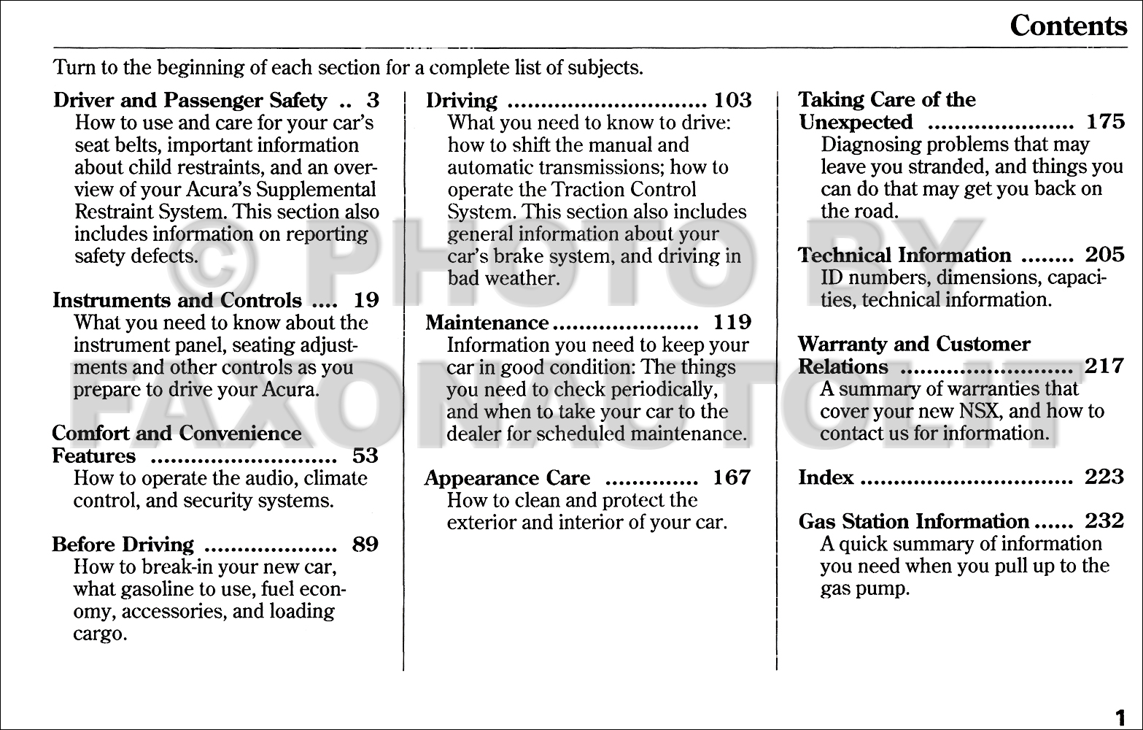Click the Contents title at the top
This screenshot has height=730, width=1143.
click(1068, 26)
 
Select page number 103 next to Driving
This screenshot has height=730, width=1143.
click(732, 100)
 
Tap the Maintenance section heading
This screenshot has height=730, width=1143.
click(487, 322)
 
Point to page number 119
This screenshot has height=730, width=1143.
click(732, 322)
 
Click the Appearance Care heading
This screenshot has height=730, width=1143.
click(507, 478)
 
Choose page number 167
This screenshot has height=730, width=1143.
click(732, 478)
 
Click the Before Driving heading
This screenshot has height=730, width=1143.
click(123, 545)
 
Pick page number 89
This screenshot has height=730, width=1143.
click(365, 545)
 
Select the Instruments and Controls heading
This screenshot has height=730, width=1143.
click(177, 300)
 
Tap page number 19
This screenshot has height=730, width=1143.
click(366, 300)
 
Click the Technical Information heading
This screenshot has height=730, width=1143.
click(904, 255)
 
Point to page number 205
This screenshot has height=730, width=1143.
click(1104, 255)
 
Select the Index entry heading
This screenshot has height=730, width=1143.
click(826, 478)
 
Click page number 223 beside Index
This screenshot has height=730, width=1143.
click(1104, 478)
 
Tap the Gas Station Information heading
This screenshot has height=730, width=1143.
click(913, 522)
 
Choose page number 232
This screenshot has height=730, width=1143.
click(1104, 522)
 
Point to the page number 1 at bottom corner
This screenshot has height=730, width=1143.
click(1120, 715)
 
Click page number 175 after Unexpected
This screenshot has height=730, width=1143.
click(1106, 122)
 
